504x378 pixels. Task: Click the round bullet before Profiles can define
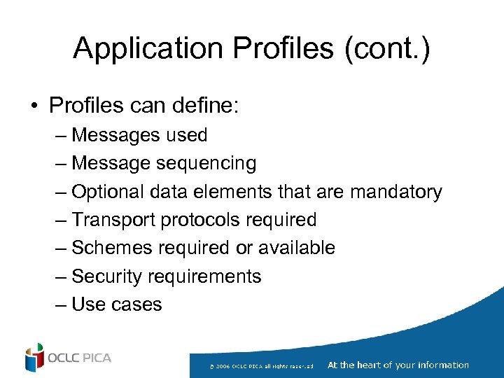(x=34, y=106)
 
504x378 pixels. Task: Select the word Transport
(x=113, y=220)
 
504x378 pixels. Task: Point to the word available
(x=297, y=248)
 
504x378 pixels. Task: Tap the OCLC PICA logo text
(x=80, y=358)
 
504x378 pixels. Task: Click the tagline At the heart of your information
(x=398, y=365)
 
